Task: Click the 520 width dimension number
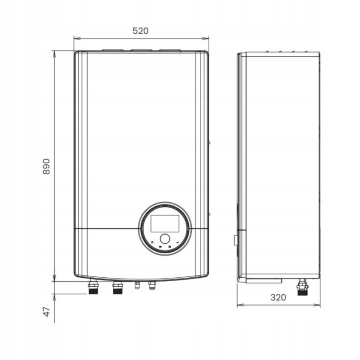(140, 31)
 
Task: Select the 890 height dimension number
(46, 166)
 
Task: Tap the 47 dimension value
(47, 312)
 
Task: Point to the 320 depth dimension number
(278, 297)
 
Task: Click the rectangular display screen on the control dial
(165, 223)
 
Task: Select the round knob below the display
(165, 239)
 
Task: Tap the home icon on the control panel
(152, 242)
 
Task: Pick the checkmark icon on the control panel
(177, 242)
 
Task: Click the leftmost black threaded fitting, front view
(93, 287)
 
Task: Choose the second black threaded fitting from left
(118, 288)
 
